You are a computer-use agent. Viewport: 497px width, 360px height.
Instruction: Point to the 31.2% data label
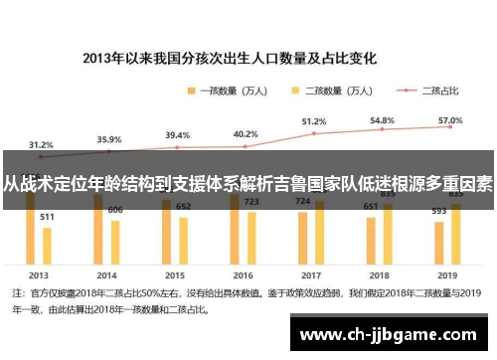41,143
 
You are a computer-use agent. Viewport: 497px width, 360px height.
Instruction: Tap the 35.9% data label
109,139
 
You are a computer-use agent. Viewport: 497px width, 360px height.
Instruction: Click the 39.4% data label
177,135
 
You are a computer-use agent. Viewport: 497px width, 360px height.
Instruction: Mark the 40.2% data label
245,134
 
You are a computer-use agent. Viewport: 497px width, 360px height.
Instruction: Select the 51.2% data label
314,121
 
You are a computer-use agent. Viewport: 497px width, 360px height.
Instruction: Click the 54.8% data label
382,119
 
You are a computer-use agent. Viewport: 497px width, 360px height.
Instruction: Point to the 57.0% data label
449,118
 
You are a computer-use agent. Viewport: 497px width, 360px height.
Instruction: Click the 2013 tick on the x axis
40,273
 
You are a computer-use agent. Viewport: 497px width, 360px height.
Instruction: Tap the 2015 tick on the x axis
176,273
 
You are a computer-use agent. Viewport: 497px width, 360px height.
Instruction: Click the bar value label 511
47,216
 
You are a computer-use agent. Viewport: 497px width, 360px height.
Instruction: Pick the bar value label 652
184,207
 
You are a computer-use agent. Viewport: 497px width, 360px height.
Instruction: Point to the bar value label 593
438,210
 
